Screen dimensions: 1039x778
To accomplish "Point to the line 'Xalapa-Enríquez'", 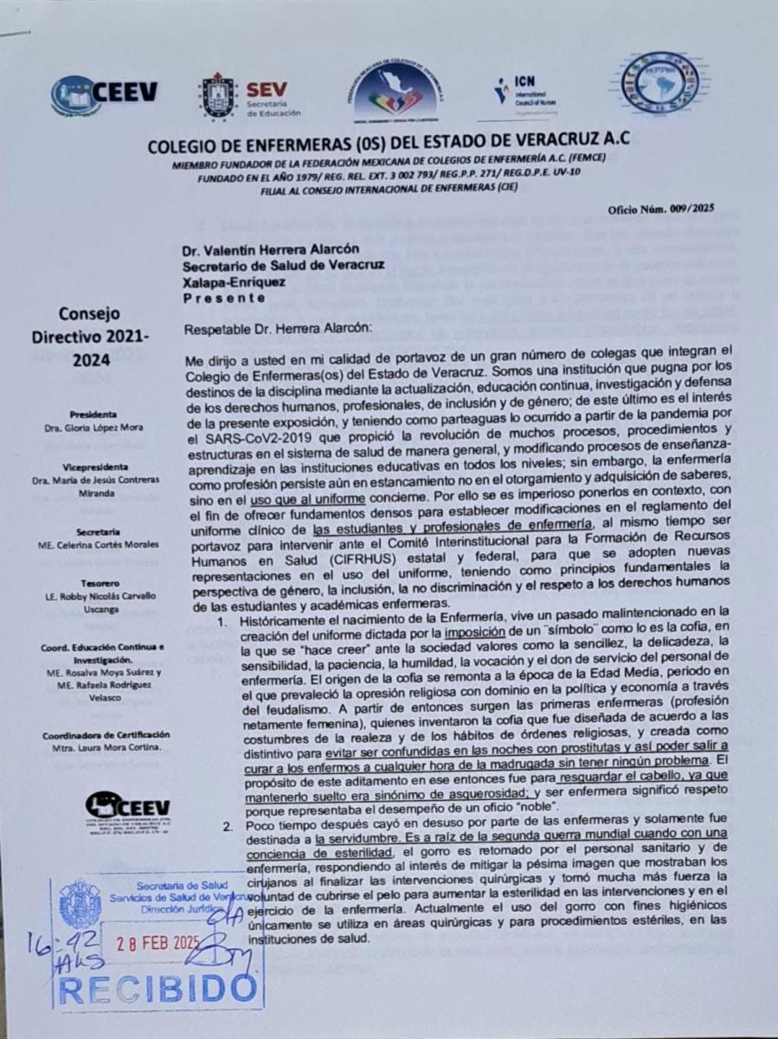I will pyautogui.click(x=231, y=282).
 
